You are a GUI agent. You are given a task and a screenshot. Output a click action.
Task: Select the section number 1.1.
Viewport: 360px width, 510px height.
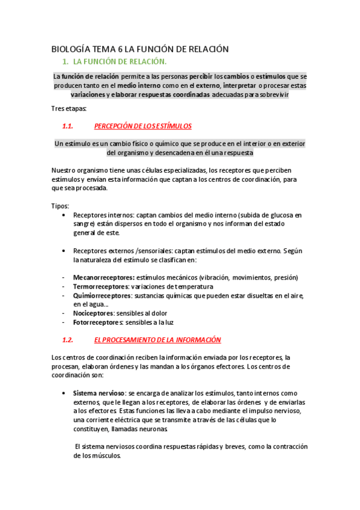point(67,126)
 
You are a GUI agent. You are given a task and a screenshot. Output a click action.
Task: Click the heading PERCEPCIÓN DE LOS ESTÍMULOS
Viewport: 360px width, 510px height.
point(143,126)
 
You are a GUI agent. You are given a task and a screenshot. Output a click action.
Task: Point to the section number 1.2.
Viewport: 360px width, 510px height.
point(67,340)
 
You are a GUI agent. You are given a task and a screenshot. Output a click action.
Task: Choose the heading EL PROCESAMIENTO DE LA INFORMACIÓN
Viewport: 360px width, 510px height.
point(157,340)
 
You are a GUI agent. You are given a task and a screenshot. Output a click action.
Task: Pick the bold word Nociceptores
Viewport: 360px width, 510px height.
point(93,313)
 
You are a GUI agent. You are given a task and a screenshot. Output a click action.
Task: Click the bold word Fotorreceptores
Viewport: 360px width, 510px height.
point(97,322)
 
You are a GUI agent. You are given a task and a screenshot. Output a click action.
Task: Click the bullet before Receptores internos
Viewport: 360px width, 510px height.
point(64,215)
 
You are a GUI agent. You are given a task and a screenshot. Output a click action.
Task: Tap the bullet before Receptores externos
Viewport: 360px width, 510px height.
point(64,250)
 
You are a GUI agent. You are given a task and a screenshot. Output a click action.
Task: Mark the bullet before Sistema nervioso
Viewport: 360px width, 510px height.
point(64,393)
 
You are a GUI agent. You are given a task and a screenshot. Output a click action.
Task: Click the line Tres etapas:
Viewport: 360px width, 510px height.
point(69,108)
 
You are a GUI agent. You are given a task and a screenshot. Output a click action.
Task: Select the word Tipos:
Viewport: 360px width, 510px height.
point(61,206)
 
